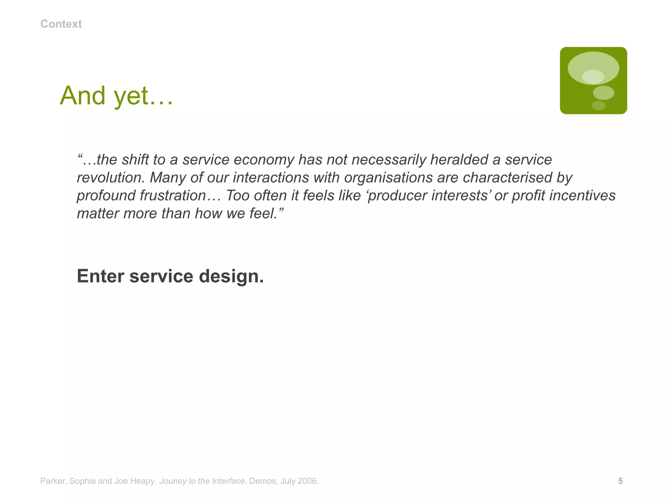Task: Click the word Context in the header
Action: click(x=61, y=24)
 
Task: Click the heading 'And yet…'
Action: click(x=116, y=95)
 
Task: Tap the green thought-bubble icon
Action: click(x=593, y=80)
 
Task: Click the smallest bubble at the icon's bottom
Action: click(x=598, y=106)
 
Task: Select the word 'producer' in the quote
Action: click(x=397, y=196)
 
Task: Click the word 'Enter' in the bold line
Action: click(x=100, y=276)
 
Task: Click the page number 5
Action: click(x=620, y=481)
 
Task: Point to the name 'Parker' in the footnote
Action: click(x=53, y=481)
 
